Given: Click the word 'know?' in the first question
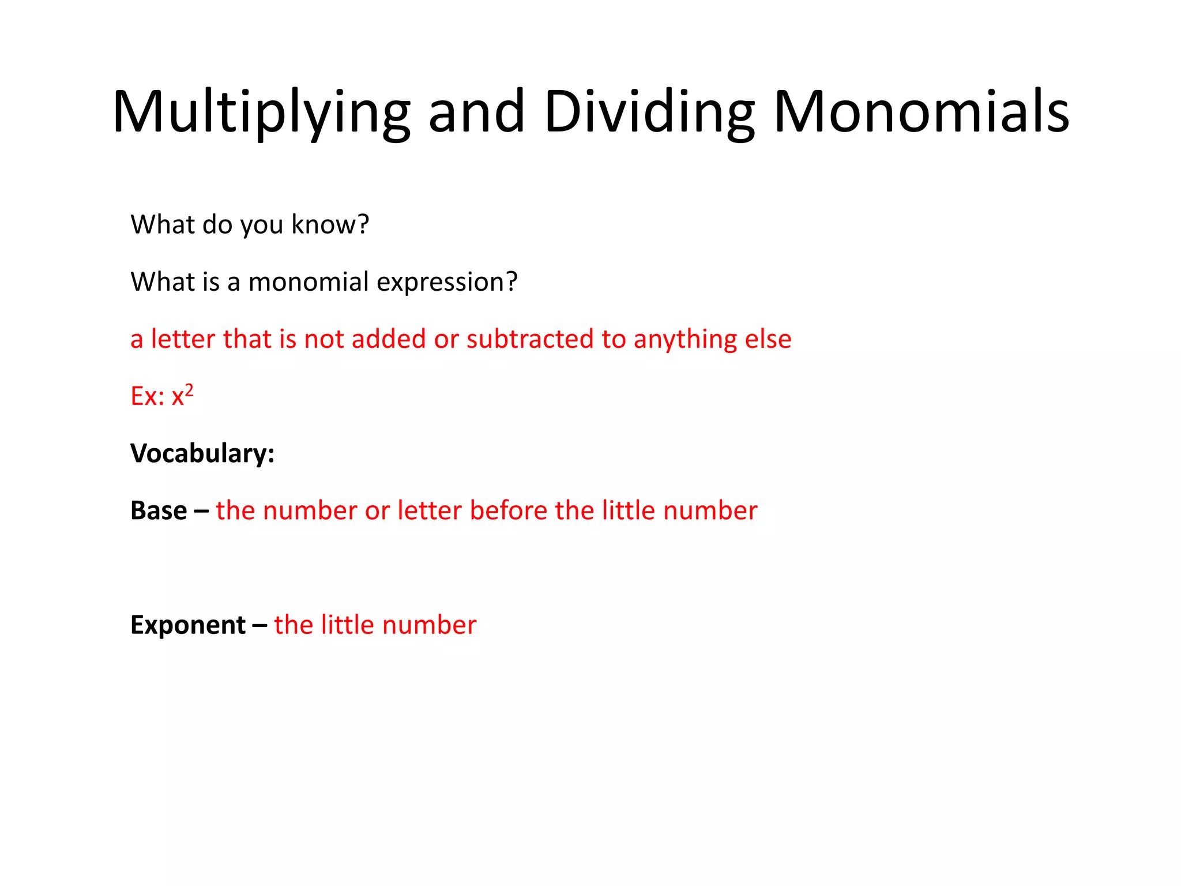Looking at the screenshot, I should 330,224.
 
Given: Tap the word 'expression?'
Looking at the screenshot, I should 447,282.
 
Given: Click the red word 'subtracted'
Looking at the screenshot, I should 530,339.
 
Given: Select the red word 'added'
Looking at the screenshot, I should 389,339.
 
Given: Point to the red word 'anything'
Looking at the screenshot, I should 685,340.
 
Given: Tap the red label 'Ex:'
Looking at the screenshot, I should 148,396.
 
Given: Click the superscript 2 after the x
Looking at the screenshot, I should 189,390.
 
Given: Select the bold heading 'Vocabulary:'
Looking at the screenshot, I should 202,453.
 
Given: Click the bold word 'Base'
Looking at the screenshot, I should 159,510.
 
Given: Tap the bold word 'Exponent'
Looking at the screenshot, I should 188,625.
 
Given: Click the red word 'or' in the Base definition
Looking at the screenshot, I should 377,510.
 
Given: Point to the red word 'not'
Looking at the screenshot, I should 324,339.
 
